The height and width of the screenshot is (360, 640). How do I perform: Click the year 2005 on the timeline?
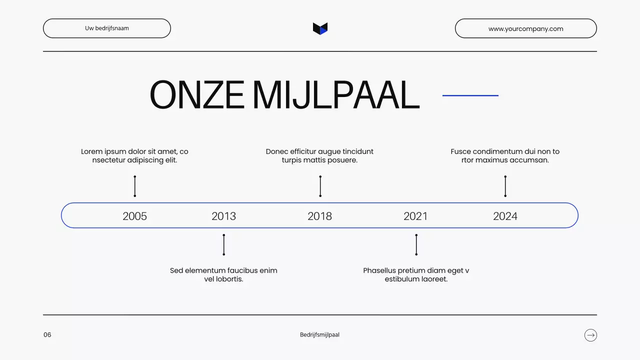tap(134, 216)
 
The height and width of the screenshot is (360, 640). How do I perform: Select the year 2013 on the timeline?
tap(223, 216)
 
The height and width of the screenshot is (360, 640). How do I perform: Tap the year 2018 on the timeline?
tap(319, 216)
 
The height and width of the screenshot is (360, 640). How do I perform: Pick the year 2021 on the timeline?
tap(415, 216)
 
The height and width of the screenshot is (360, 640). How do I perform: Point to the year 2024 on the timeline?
tap(505, 216)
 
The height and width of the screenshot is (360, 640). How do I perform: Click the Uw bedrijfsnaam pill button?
tap(107, 28)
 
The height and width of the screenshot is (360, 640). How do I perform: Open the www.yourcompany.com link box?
tap(525, 28)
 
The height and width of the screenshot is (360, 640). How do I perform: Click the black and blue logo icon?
tap(320, 28)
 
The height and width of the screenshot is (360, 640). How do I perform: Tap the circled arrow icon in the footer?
tap(590, 335)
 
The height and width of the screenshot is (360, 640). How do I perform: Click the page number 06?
tap(47, 335)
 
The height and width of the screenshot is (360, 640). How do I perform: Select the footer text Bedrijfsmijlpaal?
tap(319, 335)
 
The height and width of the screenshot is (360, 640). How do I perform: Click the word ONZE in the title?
tap(197, 95)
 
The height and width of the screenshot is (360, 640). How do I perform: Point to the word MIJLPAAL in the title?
tap(335, 95)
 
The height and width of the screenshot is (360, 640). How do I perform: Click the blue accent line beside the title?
tap(470, 95)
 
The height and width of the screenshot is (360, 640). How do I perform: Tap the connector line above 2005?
tap(134, 186)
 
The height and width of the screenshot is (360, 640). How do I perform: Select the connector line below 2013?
tap(223, 245)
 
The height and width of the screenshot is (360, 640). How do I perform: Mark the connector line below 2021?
tap(416, 245)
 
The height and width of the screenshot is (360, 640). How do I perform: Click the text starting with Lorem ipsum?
tap(134, 155)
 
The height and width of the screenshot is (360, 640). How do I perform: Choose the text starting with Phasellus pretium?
tap(416, 274)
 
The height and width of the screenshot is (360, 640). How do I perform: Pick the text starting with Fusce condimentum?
tap(505, 155)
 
